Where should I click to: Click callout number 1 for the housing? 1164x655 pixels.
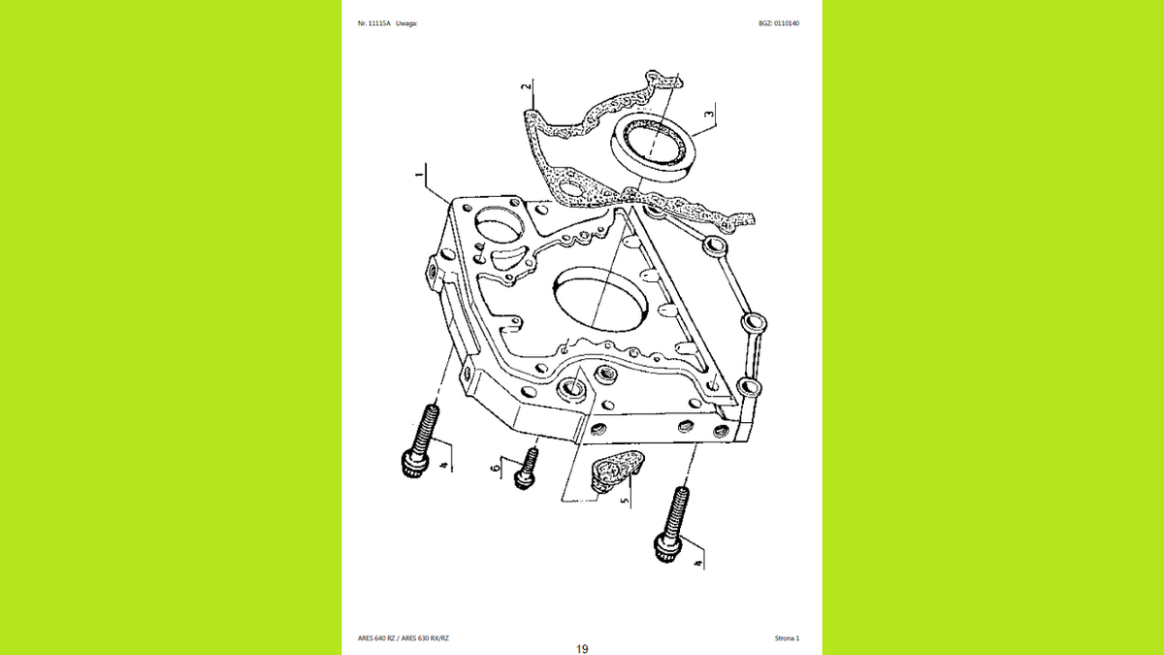419,175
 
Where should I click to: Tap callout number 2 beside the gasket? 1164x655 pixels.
527,86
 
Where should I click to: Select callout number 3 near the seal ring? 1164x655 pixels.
709,114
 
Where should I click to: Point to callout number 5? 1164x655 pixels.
625,501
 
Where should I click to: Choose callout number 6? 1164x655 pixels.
496,468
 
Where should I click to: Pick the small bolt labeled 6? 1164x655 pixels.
527,469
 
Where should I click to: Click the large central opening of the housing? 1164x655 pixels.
600,300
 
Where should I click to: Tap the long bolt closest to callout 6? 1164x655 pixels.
420,441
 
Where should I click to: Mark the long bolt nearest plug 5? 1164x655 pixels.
672,525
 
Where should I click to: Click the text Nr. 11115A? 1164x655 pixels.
373,23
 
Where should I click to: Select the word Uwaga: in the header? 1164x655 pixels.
406,23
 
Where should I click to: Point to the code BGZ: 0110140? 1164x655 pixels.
779,23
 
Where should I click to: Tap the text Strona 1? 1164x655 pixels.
787,638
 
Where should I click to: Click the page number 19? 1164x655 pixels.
582,649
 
